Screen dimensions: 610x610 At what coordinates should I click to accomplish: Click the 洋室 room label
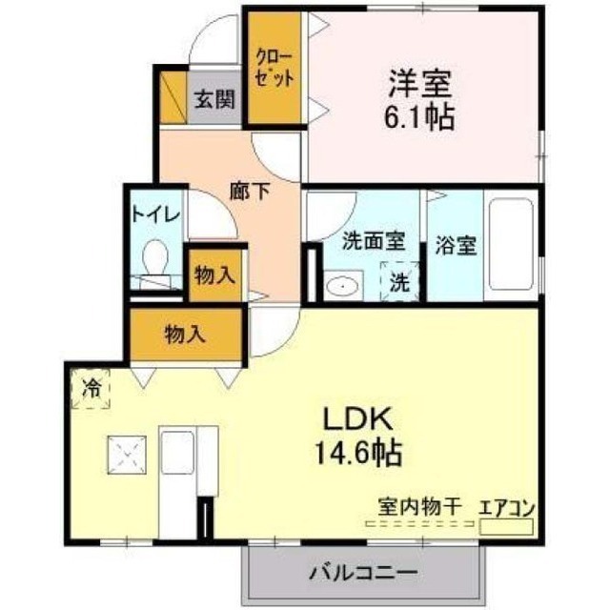point(420,84)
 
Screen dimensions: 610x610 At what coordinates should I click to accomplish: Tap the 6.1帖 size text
point(419,116)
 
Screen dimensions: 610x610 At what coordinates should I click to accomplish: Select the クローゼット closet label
point(274,69)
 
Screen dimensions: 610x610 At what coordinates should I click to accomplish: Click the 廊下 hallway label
point(249,192)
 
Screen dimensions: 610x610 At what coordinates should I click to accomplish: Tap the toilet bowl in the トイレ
point(154,256)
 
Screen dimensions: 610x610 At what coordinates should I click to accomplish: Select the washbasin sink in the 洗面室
point(342,286)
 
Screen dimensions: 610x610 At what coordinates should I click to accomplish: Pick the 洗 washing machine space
point(400,281)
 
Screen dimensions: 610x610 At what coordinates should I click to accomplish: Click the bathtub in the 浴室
point(511,244)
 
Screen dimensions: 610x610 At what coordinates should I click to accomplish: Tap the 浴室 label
point(456,246)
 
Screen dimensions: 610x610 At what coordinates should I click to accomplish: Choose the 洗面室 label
point(374,241)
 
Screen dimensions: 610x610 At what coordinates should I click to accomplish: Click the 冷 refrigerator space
point(91,389)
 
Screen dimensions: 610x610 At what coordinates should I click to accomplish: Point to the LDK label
point(357,419)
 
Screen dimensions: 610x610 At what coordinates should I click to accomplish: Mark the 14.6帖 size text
point(358,453)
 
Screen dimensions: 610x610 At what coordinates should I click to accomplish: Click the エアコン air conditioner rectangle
point(506,527)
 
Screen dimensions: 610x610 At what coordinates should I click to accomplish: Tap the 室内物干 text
point(420,507)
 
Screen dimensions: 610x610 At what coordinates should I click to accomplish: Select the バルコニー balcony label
point(363,572)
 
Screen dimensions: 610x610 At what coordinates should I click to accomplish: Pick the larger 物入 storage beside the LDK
point(185,335)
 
